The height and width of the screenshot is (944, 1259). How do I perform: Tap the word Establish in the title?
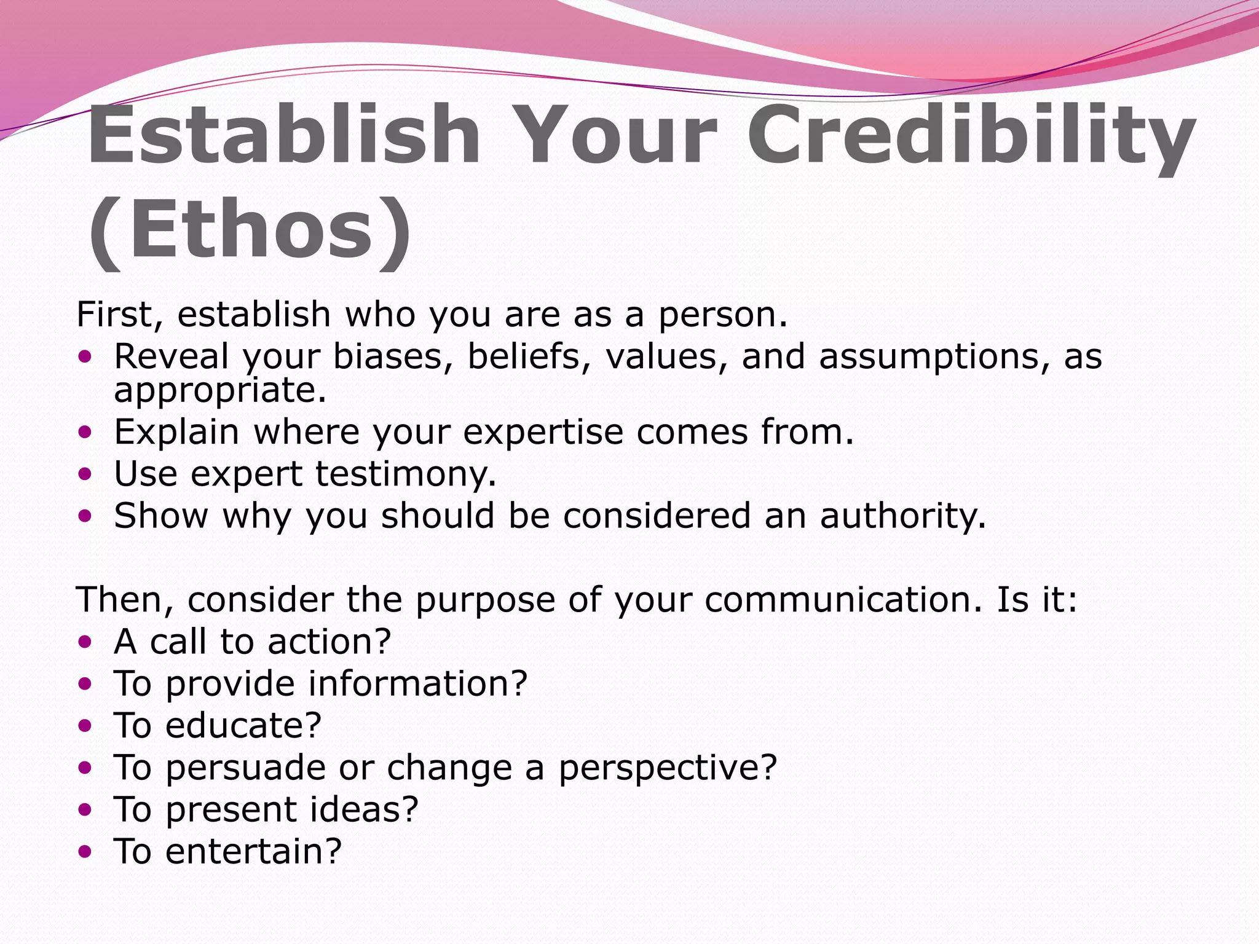point(283,136)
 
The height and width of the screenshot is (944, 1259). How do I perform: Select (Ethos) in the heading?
point(249,230)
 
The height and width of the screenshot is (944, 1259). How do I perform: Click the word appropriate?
point(219,391)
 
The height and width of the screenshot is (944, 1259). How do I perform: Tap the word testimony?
point(405,474)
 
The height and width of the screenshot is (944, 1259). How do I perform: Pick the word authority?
point(902,516)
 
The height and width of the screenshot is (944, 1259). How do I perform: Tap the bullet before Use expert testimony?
point(85,474)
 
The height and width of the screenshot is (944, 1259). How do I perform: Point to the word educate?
point(243,726)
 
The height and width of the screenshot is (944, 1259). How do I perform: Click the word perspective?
point(667,768)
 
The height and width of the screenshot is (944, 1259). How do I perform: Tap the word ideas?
point(363,809)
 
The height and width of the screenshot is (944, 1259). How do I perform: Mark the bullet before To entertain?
point(85,852)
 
